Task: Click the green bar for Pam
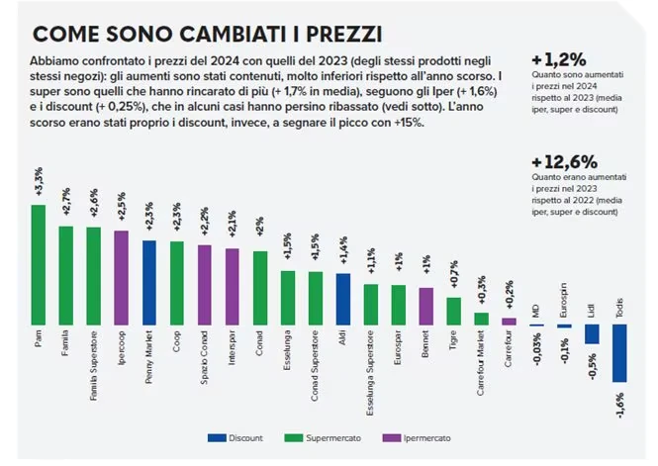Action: coord(39,265)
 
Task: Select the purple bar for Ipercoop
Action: coord(122,278)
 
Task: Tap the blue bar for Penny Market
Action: coord(149,283)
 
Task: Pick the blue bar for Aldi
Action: coord(342,300)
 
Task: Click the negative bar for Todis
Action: coord(619,353)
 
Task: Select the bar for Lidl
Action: coord(592,334)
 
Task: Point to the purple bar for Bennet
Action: coord(425,306)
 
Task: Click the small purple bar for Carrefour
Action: coord(509,322)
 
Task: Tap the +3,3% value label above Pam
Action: coord(39,182)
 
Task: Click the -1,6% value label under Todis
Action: coord(619,406)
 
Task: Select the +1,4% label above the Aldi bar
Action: coord(342,250)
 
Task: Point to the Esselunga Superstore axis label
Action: coord(370,373)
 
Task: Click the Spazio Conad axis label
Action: coord(204,358)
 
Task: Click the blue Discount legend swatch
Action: coord(217,438)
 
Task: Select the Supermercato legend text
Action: coord(333,438)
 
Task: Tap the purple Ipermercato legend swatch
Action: coord(392,438)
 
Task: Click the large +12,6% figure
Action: coord(564,162)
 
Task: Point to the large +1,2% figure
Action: coord(558,60)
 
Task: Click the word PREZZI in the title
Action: coord(343,35)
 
